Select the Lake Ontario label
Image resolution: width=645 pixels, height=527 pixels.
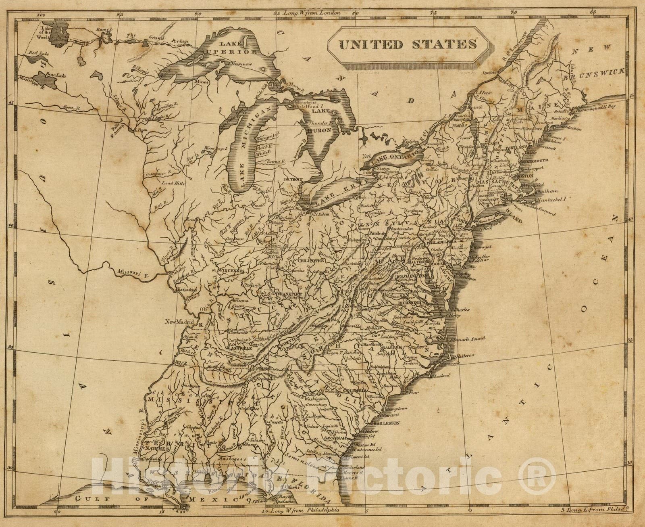[x=395, y=157]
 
